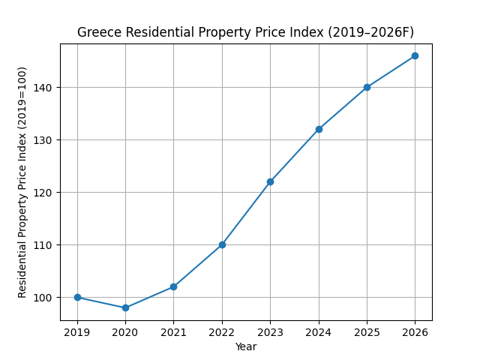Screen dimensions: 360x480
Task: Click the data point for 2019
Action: pos(77,298)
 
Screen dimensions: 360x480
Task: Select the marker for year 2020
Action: pos(125,307)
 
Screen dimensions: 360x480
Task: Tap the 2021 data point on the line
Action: pos(173,286)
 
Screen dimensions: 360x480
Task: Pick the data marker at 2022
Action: pos(222,244)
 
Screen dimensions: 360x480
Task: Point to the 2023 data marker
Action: pos(270,181)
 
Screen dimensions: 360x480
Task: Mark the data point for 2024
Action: pos(319,129)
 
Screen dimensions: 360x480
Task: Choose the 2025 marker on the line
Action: pos(367,87)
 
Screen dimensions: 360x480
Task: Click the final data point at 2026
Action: pos(415,55)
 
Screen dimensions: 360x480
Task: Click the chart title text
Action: pos(245,32)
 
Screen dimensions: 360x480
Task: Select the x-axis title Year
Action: pos(245,346)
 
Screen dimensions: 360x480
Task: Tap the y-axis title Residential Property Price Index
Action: pos(22,181)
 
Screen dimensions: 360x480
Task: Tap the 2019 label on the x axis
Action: pos(77,331)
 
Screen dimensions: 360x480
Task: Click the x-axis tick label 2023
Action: pos(270,331)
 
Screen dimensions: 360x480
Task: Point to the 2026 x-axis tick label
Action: pos(415,331)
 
